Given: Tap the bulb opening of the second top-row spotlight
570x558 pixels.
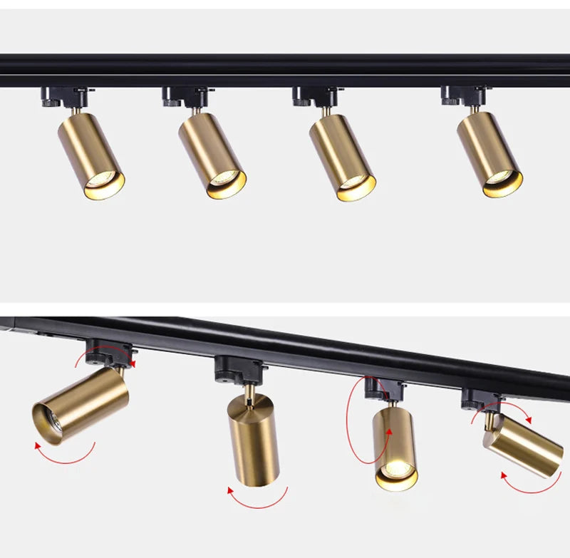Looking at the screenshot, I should (x=226, y=184).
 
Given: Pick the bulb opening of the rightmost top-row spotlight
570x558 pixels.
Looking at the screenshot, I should (x=502, y=184).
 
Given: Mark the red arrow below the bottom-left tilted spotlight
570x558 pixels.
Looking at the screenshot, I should (x=64, y=456).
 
